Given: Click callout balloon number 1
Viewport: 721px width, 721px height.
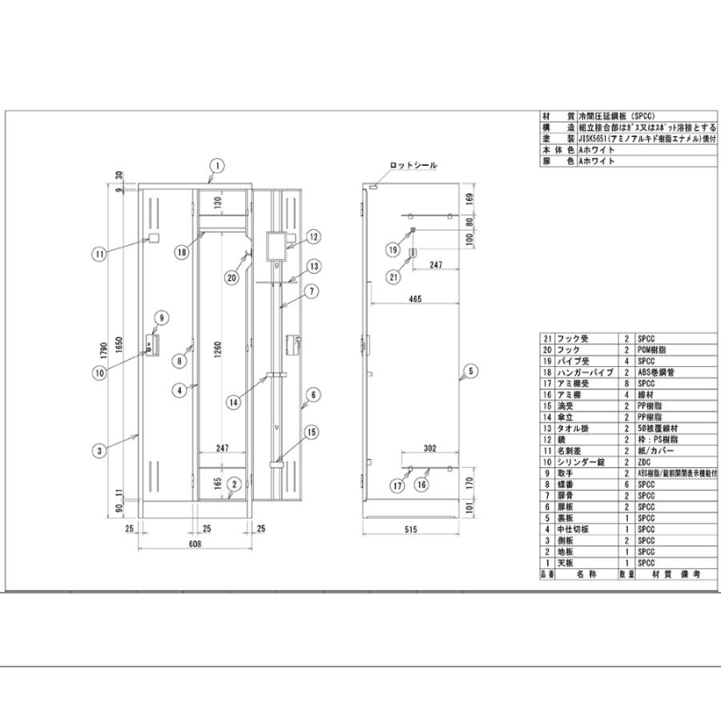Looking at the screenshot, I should (215, 166).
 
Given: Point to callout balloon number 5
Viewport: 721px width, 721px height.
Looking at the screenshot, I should (470, 371).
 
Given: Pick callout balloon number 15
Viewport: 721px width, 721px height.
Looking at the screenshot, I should (310, 434).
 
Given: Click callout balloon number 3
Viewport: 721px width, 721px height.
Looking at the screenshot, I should (99, 450).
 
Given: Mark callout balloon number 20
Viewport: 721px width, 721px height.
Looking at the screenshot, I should (232, 279).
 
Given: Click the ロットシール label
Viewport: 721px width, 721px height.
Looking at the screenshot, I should (413, 165).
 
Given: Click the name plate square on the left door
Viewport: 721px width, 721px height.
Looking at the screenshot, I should (153, 240).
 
